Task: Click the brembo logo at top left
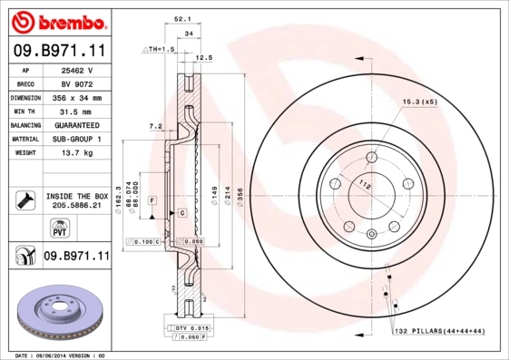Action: (57, 20)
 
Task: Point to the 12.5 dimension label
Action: (204, 57)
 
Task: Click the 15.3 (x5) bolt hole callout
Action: (420, 102)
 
